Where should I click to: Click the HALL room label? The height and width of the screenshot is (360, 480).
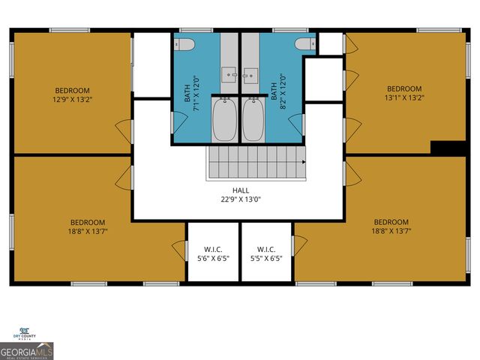coord(240,190)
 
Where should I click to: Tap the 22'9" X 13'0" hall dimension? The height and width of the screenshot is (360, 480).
coord(240,199)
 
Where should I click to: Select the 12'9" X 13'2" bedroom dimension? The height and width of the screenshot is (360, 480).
coord(72,98)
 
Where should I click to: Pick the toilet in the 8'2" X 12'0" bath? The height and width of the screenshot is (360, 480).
coord(304,43)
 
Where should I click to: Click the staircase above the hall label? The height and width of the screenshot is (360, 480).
coord(257,162)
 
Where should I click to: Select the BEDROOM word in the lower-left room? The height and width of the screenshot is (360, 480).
coord(88,222)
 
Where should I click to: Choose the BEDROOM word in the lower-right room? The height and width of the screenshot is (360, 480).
coord(391,222)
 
